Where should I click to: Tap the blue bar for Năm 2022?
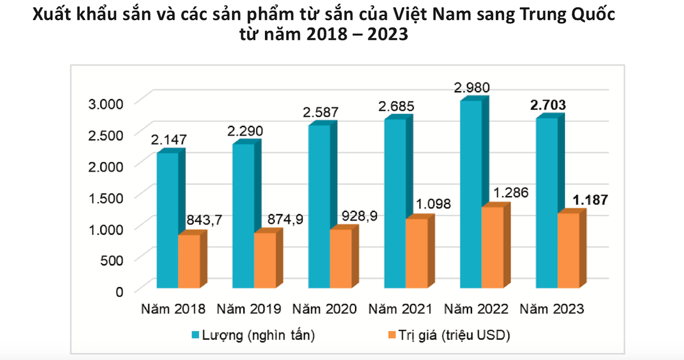[x=471, y=194]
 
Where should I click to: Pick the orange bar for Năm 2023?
[x=568, y=250]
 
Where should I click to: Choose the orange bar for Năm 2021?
[x=416, y=253]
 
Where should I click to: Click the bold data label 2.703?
[x=548, y=105]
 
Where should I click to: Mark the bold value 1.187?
[x=590, y=200]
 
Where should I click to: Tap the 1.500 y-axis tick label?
[x=107, y=198]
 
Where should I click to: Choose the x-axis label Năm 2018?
[x=172, y=309]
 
